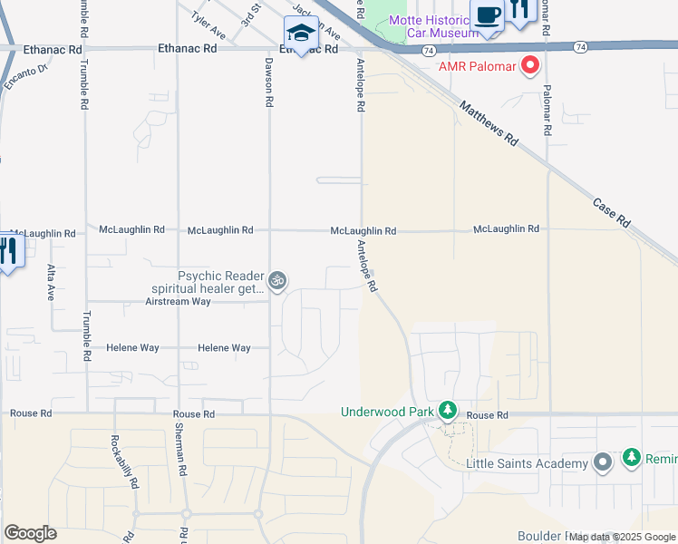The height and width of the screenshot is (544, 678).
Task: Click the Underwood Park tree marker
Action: click(x=447, y=412)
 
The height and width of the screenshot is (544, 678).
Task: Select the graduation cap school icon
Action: click(x=299, y=34)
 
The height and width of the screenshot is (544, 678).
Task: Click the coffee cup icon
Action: click(x=487, y=16)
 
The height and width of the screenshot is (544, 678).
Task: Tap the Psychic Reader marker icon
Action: click(x=278, y=280)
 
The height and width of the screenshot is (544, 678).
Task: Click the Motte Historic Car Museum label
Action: click(x=432, y=26)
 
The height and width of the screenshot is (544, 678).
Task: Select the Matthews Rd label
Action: click(x=488, y=124)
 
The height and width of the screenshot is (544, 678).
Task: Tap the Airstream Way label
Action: click(x=178, y=301)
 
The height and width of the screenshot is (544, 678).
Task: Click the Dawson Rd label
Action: click(x=269, y=82)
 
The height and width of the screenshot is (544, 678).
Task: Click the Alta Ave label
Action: click(x=51, y=282)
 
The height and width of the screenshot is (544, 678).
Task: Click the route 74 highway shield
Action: click(x=579, y=44)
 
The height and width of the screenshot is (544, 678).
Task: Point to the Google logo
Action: click(x=30, y=533)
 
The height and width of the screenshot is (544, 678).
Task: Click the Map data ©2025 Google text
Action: click(x=622, y=537)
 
